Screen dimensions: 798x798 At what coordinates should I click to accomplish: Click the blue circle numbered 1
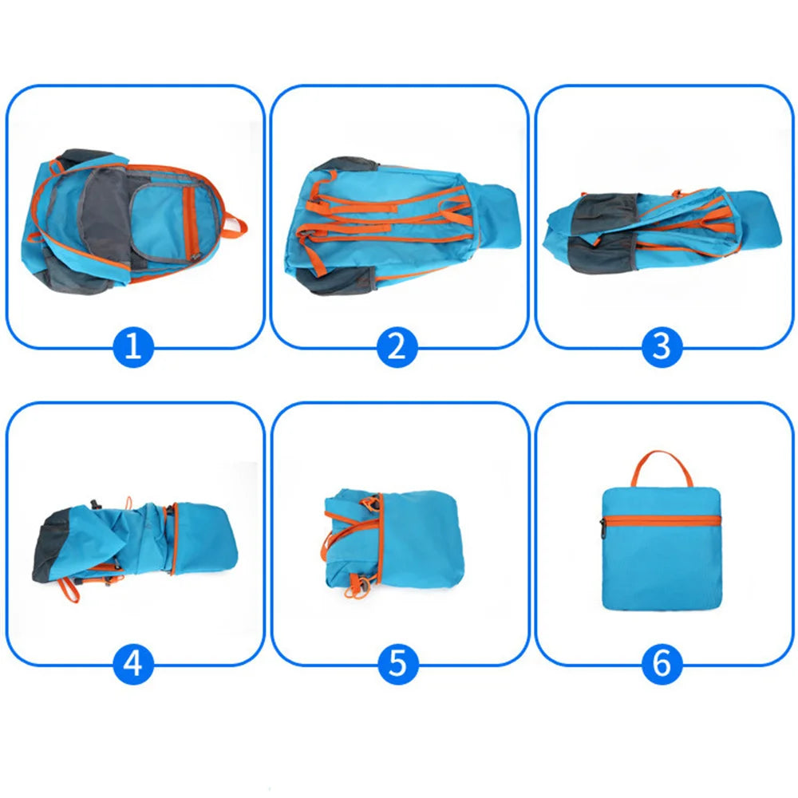[132, 346]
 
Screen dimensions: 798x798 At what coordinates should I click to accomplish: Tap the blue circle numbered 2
[397, 346]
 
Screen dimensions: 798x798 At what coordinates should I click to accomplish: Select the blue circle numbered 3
[662, 346]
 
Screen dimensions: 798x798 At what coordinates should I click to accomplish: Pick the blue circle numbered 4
[132, 664]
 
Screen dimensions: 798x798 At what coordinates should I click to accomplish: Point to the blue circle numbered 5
[398, 664]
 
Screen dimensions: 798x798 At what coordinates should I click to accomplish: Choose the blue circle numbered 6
[662, 664]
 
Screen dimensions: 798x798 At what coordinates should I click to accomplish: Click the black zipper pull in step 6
[602, 528]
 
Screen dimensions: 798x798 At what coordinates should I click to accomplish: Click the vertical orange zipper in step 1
[192, 223]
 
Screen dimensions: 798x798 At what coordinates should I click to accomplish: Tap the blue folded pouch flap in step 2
[498, 215]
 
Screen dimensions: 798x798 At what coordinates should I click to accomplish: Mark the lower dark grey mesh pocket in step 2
[337, 280]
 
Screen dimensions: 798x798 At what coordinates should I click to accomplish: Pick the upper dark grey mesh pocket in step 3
[606, 208]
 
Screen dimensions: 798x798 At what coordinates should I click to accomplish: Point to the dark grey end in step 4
[51, 547]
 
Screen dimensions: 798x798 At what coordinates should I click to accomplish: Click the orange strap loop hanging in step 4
[68, 591]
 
